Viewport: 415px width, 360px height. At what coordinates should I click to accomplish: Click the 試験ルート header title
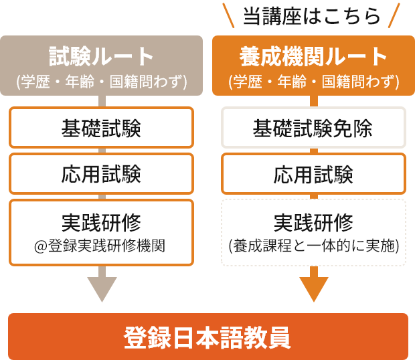[x=102, y=56]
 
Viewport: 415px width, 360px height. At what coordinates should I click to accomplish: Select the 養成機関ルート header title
[x=313, y=56]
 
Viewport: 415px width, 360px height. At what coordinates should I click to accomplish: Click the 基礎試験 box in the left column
[x=102, y=126]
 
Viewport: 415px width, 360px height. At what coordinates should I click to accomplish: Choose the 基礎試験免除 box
[x=313, y=126]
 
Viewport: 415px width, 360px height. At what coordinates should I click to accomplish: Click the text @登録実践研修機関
[x=102, y=246]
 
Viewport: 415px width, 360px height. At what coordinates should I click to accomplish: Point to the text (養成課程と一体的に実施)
[x=313, y=246]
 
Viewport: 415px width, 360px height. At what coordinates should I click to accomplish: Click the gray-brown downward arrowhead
[x=102, y=290]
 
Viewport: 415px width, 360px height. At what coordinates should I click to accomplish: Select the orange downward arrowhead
[x=313, y=290]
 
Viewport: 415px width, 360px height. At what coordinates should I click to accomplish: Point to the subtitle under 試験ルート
[x=102, y=82]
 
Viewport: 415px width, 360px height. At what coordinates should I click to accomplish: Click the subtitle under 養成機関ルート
[x=313, y=82]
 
